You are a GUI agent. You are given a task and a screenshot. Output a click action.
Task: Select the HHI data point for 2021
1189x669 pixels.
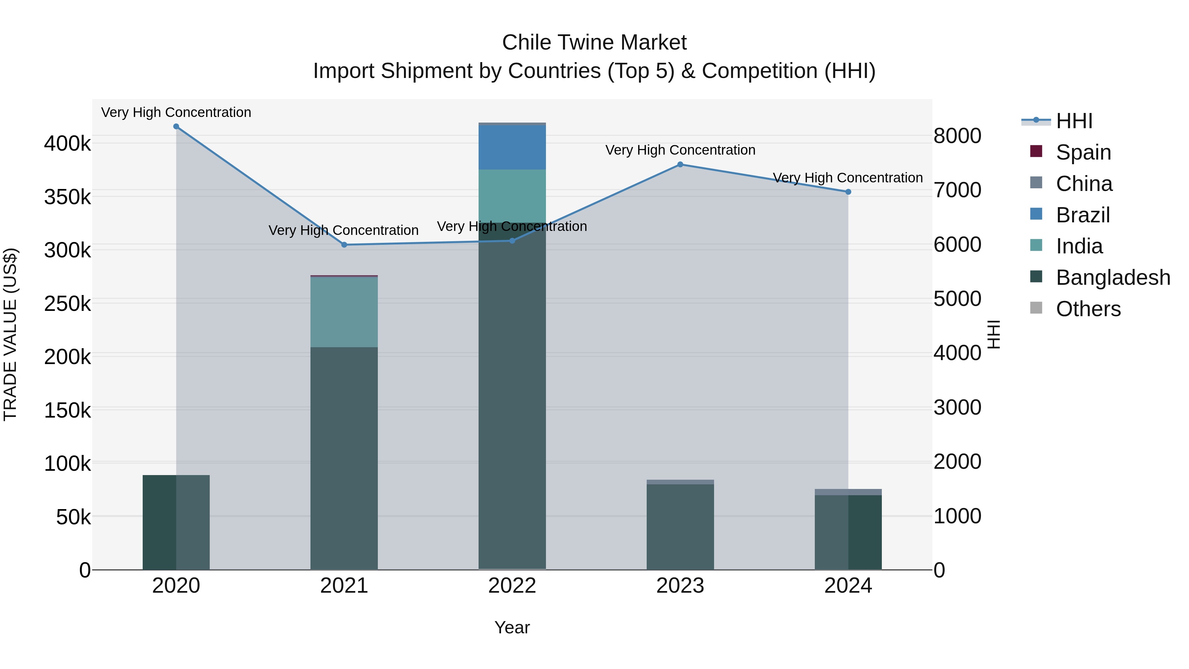[344, 245]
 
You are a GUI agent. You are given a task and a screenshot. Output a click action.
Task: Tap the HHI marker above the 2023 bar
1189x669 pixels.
[680, 165]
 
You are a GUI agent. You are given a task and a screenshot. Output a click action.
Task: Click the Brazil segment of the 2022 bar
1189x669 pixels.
[512, 147]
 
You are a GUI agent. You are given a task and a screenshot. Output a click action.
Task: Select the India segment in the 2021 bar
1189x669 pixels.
[344, 312]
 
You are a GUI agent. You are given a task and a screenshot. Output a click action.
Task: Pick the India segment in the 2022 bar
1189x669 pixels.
[512, 196]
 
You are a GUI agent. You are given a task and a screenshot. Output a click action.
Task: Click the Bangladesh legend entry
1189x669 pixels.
[1113, 278]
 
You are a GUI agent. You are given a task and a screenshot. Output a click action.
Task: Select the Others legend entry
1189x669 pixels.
[1088, 309]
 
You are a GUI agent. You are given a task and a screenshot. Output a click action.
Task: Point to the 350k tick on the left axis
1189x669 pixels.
[67, 197]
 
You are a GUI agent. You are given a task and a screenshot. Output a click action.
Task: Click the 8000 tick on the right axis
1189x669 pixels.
[957, 136]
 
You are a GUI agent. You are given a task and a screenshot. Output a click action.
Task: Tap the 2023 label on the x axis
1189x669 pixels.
[680, 586]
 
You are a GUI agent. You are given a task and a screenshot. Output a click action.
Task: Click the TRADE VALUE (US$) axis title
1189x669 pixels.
[10, 334]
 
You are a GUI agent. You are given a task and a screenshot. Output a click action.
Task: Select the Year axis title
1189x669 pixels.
[512, 627]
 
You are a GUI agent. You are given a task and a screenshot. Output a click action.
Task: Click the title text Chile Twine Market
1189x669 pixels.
[594, 43]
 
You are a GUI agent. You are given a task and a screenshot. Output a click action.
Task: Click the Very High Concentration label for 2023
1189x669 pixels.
[680, 150]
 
